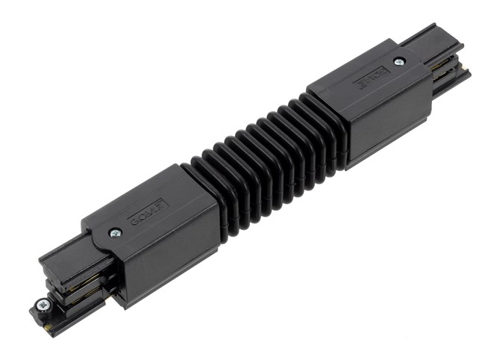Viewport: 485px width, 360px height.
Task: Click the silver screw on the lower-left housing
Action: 116,233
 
